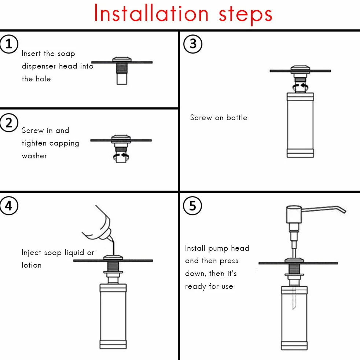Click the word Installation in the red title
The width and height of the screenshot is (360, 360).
pyautogui.click(x=151, y=13)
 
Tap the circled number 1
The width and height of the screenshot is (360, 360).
pyautogui.click(x=9, y=44)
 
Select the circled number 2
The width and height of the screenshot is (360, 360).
pyautogui.click(x=9, y=123)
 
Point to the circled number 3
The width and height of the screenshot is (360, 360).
pyautogui.click(x=193, y=44)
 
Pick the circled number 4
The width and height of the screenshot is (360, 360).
pyautogui.click(x=9, y=206)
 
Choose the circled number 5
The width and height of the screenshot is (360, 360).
pyautogui.click(x=192, y=206)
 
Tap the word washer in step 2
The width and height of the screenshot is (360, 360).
pyautogui.click(x=34, y=156)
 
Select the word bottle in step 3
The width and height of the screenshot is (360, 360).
pyautogui.click(x=237, y=118)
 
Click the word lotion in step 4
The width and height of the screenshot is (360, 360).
pyautogui.click(x=32, y=265)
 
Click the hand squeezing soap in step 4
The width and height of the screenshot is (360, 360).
pyautogui.click(x=99, y=224)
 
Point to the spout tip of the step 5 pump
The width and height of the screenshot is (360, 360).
pyautogui.click(x=344, y=211)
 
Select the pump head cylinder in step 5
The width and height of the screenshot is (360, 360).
pyautogui.click(x=294, y=214)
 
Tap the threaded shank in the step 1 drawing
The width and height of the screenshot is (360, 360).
pyautogui.click(x=122, y=68)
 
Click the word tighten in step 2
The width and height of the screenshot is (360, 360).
pyautogui.click(x=34, y=143)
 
